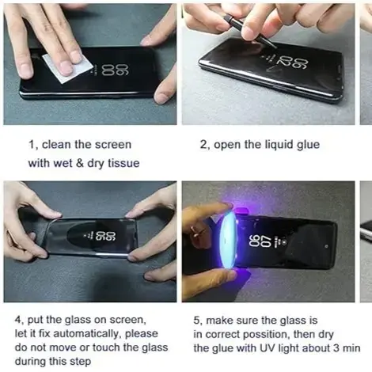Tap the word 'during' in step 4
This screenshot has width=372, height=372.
[x=34, y=362]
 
